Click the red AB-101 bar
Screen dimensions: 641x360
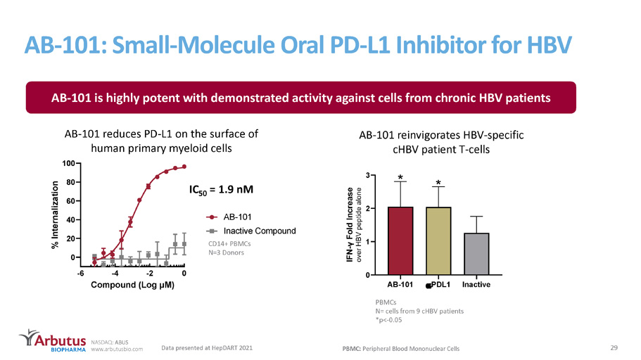tap(400, 240)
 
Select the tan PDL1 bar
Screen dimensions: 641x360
tap(438, 240)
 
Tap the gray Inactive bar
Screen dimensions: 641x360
tap(476, 254)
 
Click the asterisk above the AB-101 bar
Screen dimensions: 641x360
tap(400, 178)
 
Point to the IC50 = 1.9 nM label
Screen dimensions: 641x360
tap(221, 190)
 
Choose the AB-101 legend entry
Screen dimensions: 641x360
tap(229, 217)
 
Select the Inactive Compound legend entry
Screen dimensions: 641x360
tap(251, 231)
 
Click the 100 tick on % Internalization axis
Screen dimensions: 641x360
tap(68, 163)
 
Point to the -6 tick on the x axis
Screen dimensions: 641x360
tap(81, 274)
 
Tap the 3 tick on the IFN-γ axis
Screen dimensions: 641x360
tap(368, 175)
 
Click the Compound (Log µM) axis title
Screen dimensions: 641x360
tap(132, 285)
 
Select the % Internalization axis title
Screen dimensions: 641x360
tap(55, 215)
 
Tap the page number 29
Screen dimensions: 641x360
tap(614, 348)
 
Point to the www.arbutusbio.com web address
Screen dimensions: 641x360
tap(117, 349)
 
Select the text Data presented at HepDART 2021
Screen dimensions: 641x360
tap(207, 348)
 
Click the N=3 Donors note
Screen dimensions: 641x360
tap(226, 252)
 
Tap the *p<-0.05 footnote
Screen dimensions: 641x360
tap(389, 320)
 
